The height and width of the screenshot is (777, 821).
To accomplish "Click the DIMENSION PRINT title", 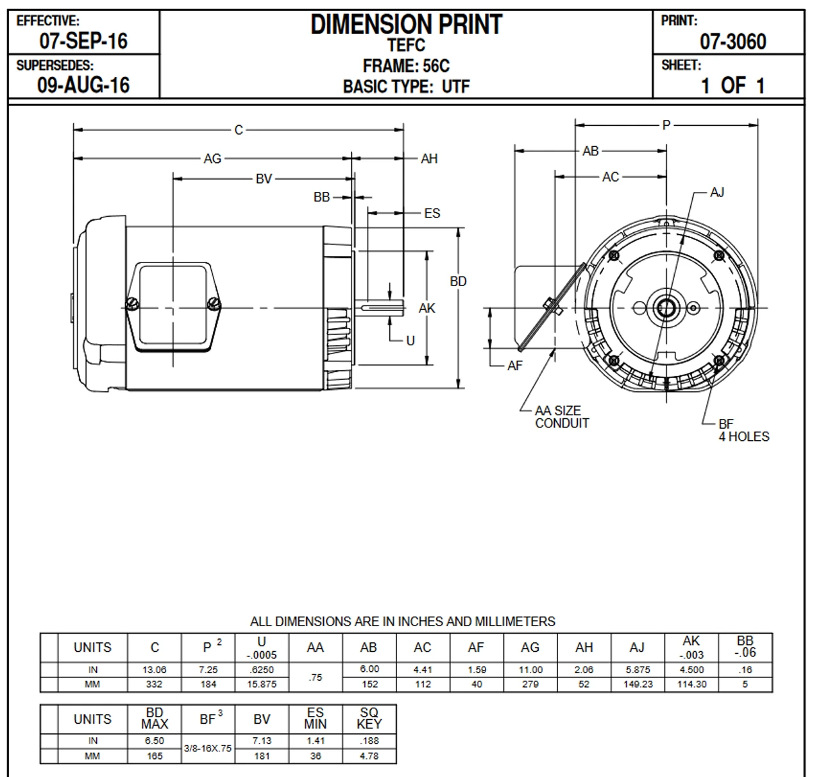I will tap(405, 25).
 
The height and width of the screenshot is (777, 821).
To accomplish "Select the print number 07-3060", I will tap(732, 42).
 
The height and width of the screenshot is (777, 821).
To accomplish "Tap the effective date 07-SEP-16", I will tap(83, 41).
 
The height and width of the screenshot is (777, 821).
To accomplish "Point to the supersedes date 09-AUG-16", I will tap(83, 85).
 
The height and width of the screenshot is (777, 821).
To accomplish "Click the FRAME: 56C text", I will tap(405, 66).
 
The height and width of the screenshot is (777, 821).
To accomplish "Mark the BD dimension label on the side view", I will tap(458, 281).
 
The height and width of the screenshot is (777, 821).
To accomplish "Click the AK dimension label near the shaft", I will tap(427, 309).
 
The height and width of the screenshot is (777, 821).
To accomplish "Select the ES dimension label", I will tap(432, 213).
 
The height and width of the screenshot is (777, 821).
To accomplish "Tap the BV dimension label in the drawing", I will tap(264, 179).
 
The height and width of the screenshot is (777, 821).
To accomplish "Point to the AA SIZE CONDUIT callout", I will tap(561, 417).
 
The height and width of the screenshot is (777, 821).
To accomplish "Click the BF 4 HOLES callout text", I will tap(743, 431).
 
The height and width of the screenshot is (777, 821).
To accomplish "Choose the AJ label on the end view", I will tap(716, 192).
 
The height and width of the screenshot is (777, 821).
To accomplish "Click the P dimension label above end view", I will tap(666, 125).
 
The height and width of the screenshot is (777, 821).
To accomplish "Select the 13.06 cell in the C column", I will tap(155, 669).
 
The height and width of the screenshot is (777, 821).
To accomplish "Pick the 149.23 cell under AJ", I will tap(638, 684).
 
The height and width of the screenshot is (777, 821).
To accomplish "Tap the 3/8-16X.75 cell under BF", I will tap(208, 748).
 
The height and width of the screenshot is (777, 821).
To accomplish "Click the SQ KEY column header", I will tap(369, 719).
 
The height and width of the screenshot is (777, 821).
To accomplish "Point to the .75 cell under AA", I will tap(315, 677).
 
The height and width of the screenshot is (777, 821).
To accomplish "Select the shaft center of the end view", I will tap(665, 308).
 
